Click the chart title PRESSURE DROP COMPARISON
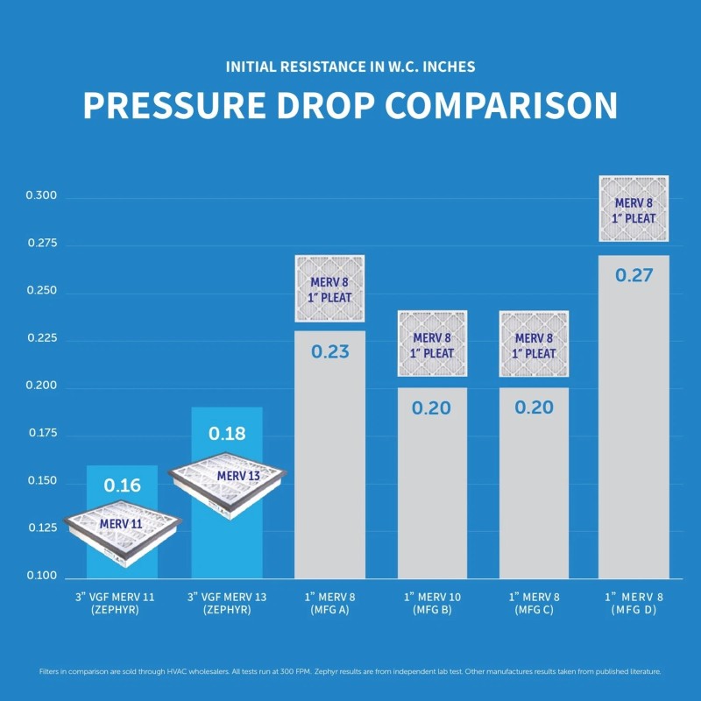point(350,105)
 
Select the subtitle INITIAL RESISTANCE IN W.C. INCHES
point(350,67)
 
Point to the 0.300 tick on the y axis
point(41,196)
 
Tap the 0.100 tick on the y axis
point(41,577)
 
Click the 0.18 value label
point(226,433)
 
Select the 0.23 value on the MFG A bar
point(329,352)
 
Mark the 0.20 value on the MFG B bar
point(433,408)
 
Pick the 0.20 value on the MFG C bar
point(534,408)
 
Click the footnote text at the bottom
point(350,672)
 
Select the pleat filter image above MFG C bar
point(534,343)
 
